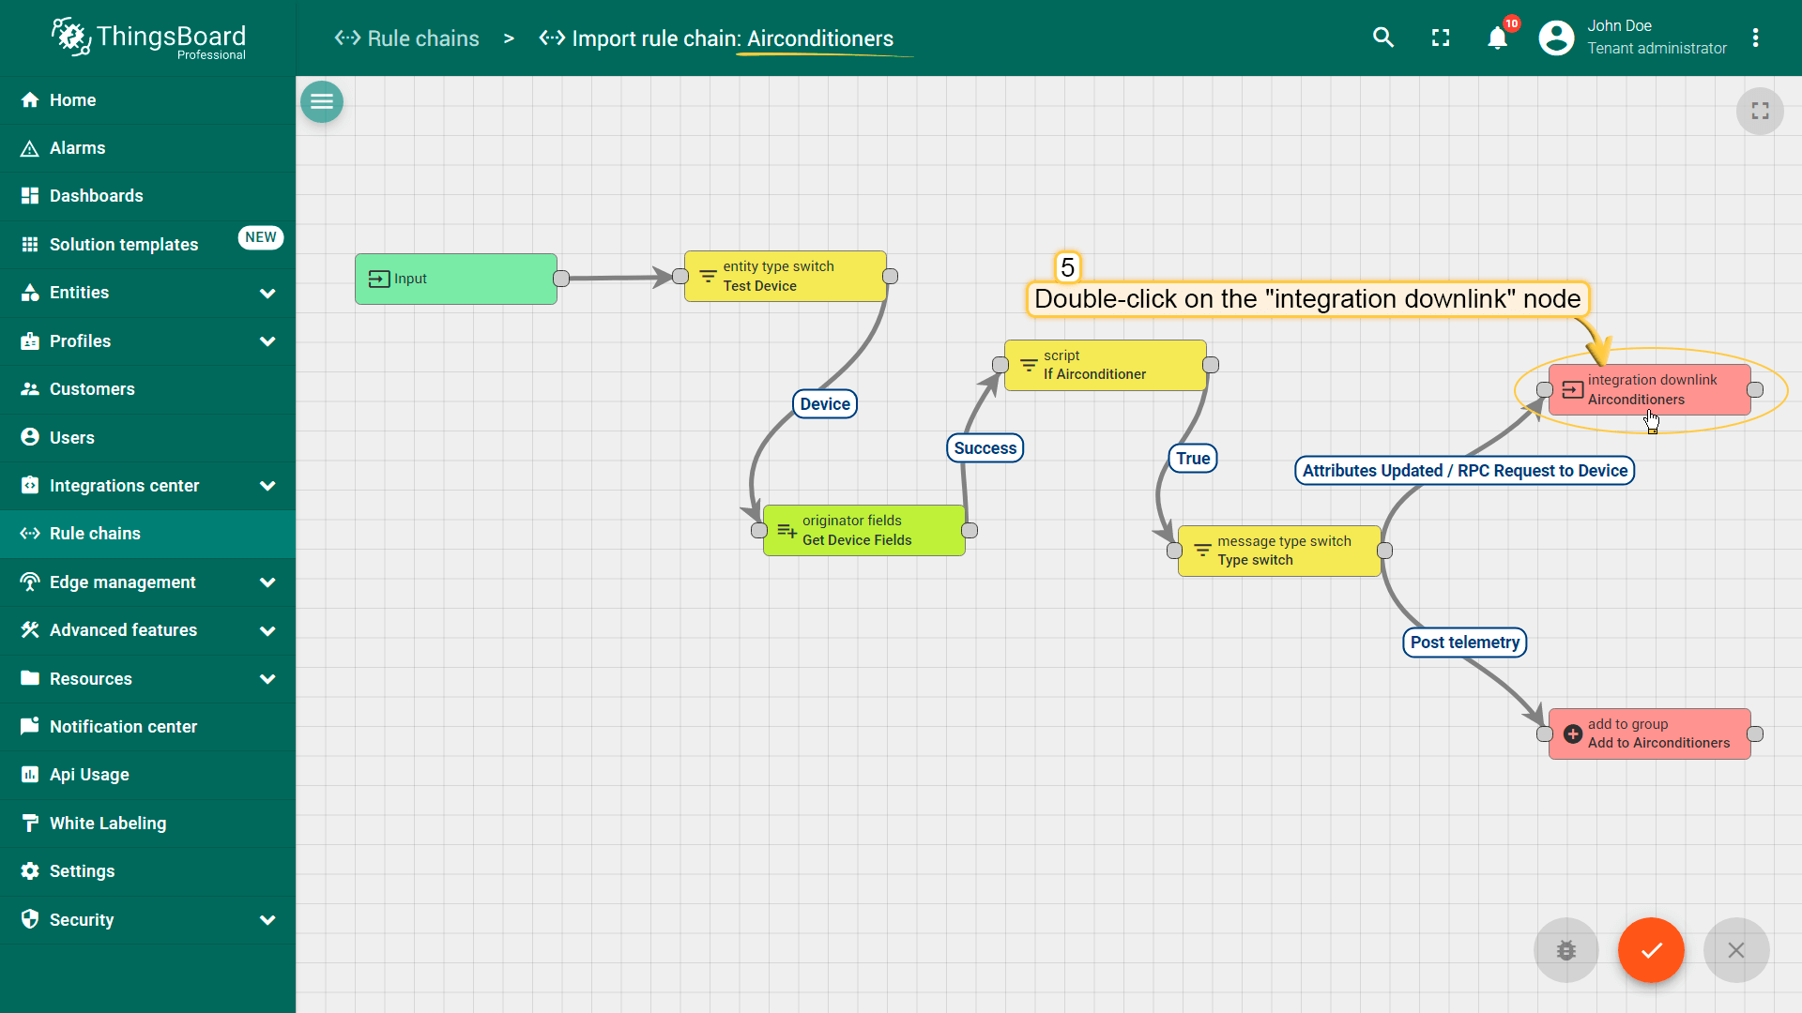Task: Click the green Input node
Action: pos(455,279)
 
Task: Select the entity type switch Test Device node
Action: pos(785,276)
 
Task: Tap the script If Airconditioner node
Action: pos(1105,365)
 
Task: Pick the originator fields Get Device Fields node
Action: pos(863,530)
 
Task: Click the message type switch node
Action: pos(1278,551)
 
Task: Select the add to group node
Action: pos(1649,733)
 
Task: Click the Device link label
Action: pos(825,404)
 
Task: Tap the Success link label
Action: pos(985,448)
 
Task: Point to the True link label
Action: pos(1193,459)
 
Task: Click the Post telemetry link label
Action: pos(1464,643)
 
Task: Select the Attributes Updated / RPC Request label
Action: pos(1464,471)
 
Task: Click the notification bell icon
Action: pos(1497,38)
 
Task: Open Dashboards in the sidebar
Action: pos(96,196)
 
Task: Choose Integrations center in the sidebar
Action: pos(124,486)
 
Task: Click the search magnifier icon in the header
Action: pos(1382,38)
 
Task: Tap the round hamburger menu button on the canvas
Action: pos(322,101)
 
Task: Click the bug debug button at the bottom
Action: pos(1565,950)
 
